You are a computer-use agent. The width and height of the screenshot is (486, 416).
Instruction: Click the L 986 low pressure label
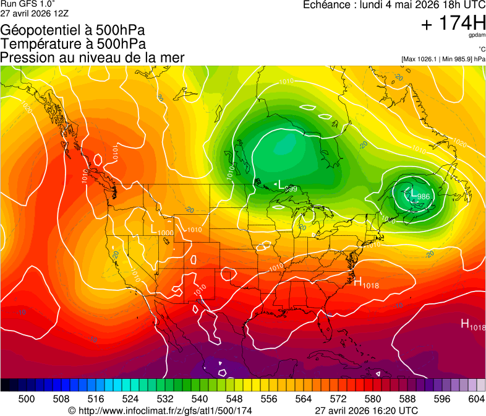(x=419, y=194)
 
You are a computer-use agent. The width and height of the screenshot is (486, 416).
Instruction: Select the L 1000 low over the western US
(x=161, y=229)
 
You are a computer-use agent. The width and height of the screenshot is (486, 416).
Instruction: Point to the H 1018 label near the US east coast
(x=365, y=283)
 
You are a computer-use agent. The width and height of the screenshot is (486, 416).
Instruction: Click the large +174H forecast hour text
(x=453, y=24)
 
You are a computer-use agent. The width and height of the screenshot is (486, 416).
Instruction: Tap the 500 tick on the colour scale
(x=27, y=398)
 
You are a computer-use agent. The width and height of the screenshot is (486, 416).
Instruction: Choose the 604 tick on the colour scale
(x=476, y=398)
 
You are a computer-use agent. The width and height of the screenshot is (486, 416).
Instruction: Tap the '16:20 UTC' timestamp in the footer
(x=393, y=410)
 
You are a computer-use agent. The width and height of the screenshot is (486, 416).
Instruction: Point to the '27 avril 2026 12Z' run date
(x=34, y=13)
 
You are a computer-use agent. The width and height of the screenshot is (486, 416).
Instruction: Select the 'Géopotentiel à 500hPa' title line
(x=73, y=30)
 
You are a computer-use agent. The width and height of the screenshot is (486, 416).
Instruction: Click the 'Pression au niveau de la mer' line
(x=93, y=57)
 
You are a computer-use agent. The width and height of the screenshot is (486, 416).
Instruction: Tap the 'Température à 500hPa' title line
(x=73, y=43)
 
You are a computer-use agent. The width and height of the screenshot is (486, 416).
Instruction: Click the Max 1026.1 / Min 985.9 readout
(x=443, y=59)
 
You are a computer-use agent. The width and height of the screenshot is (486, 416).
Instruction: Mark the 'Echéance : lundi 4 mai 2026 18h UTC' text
(x=394, y=5)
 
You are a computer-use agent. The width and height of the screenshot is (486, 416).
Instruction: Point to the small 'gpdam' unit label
(x=477, y=36)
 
